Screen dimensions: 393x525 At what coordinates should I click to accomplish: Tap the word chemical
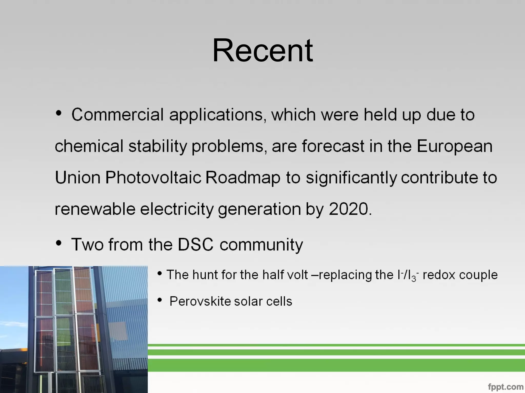click(x=89, y=146)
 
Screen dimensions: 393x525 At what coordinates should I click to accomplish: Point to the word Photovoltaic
click(x=153, y=177)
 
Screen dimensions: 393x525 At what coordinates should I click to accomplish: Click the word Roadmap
click(x=243, y=178)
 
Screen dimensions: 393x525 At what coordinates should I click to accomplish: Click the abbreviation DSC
click(x=196, y=244)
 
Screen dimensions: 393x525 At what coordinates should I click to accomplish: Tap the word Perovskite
click(x=200, y=301)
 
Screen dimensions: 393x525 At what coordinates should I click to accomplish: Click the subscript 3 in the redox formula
click(x=413, y=279)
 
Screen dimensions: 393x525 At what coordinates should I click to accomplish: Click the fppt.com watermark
click(x=506, y=387)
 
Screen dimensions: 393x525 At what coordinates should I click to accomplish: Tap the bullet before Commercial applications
click(x=59, y=113)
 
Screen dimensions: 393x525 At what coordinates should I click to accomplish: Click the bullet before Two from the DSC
click(x=59, y=243)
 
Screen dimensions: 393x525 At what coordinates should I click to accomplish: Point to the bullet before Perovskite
click(x=160, y=300)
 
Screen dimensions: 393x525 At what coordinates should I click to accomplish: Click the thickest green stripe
click(x=336, y=365)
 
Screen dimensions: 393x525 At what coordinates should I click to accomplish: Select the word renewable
click(x=95, y=209)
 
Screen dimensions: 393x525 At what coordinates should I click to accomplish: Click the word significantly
click(x=351, y=178)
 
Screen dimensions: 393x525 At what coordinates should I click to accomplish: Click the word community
click(x=261, y=245)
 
